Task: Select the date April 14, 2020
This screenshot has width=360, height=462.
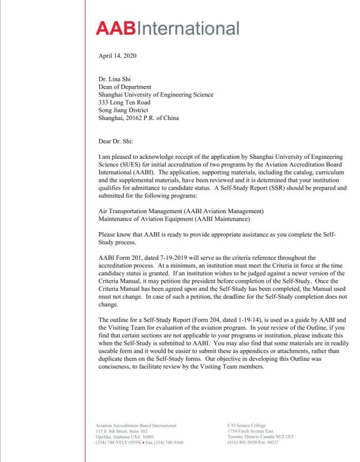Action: (x=118, y=56)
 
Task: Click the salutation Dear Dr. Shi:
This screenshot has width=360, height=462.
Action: (x=117, y=141)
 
